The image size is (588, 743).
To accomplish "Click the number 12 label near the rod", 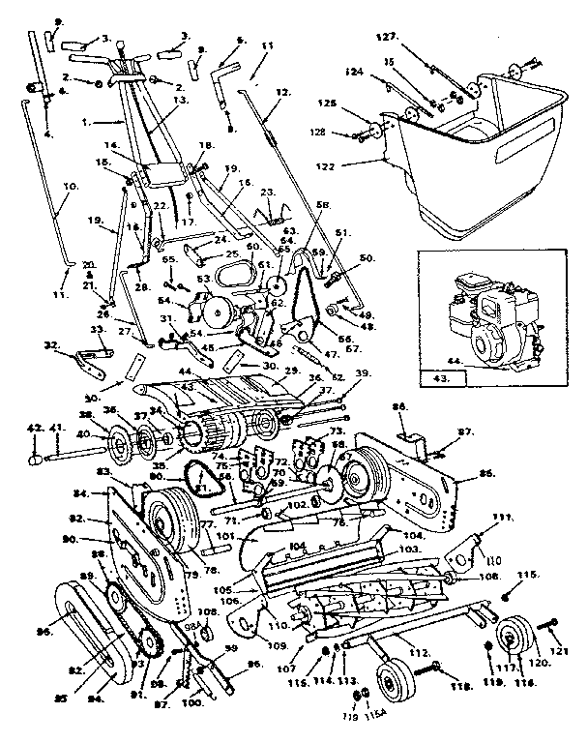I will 281,92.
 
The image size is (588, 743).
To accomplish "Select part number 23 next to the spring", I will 268,192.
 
